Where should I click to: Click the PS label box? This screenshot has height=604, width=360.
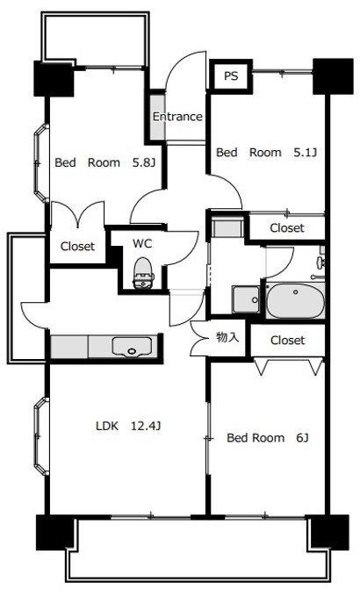coord(230,76)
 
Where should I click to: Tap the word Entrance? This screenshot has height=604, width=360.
coord(177,117)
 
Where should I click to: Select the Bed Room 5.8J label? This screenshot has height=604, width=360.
coord(104,162)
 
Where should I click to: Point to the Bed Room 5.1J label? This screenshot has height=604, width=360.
coord(266,153)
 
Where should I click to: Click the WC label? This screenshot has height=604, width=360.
coord(142,242)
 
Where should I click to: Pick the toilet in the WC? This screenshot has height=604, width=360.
coord(140,275)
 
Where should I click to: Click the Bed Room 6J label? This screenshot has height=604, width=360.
coord(267,437)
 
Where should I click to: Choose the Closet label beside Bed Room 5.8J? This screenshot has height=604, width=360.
coord(77,247)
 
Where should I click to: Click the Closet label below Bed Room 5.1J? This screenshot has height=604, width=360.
coord(287,228)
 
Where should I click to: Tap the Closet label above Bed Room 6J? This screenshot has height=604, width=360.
coord(287,340)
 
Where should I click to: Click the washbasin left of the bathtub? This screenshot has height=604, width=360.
coord(245,299)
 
